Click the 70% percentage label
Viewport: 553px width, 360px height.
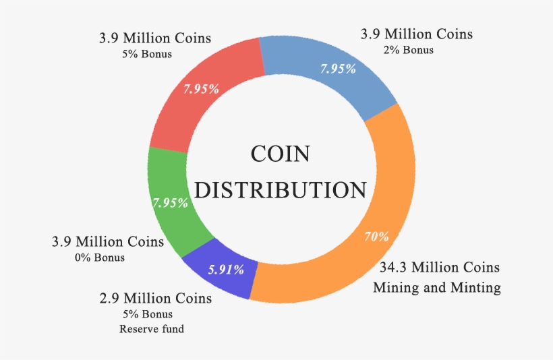click(377, 237)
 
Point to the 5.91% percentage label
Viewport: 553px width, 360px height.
click(226, 270)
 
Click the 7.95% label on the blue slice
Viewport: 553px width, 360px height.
click(337, 69)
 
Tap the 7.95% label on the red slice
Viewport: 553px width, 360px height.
click(200, 88)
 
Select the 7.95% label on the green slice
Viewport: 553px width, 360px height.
click(170, 202)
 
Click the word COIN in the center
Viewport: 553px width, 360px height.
click(280, 154)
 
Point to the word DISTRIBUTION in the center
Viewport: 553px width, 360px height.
click(280, 189)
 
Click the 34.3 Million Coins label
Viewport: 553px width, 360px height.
click(437, 268)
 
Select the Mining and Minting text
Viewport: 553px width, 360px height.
click(437, 287)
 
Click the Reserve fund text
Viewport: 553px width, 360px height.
click(152, 329)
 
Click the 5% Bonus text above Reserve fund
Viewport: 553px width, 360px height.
click(148, 314)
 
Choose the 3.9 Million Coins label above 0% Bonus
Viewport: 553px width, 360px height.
click(107, 241)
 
